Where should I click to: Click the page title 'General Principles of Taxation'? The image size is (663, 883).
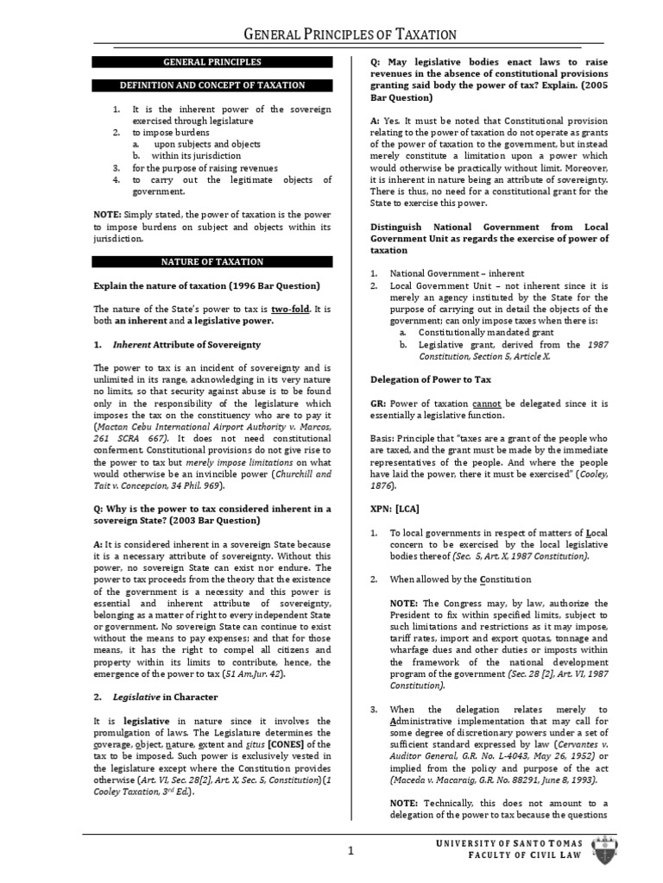point(350,34)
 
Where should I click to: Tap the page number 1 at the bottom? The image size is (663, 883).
point(351,851)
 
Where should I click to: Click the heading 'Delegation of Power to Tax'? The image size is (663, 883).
point(431,379)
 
